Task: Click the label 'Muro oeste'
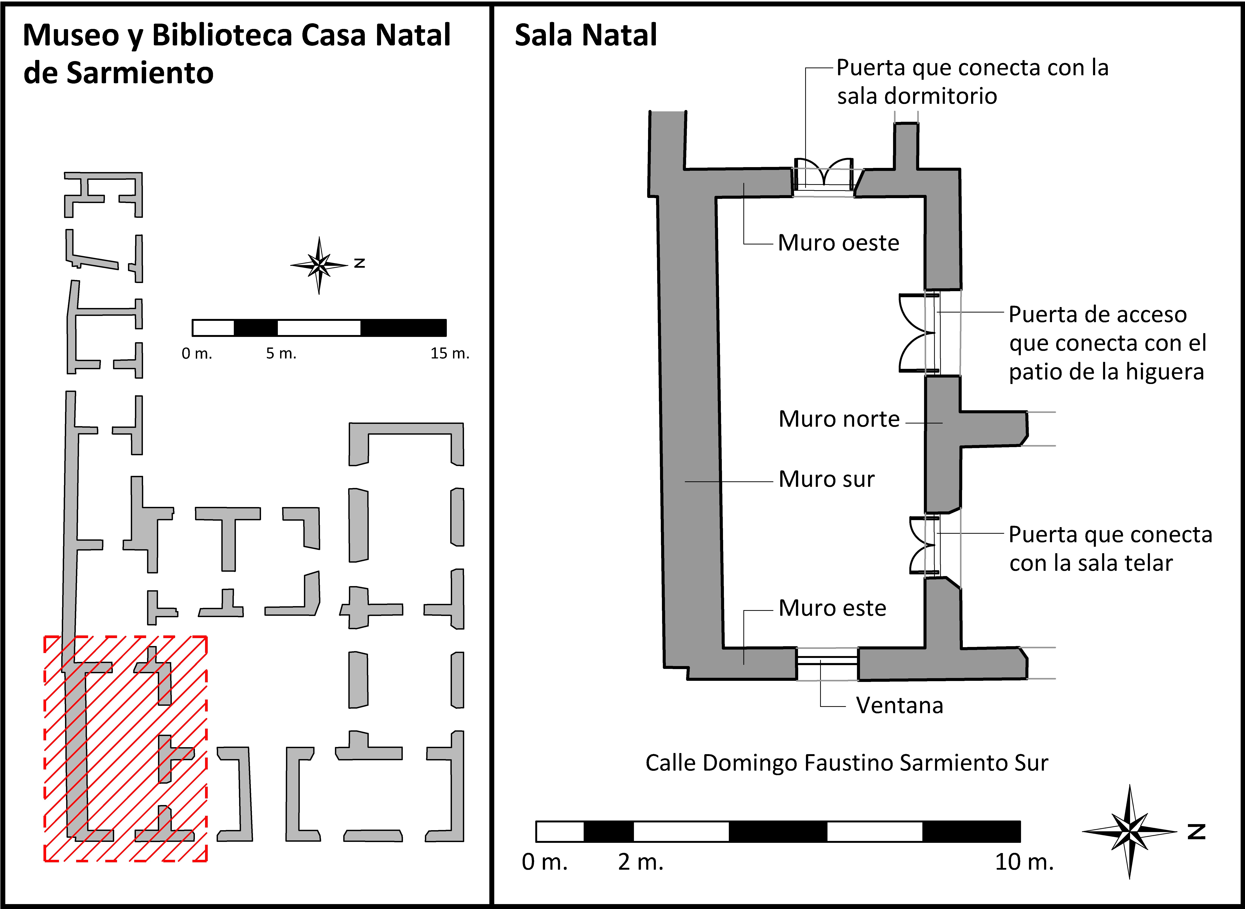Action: pos(838,243)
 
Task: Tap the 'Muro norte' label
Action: pos(839,419)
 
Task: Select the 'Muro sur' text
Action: pos(826,479)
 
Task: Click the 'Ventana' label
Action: pos(899,705)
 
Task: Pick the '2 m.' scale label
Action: pos(640,862)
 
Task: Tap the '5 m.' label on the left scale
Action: pos(281,353)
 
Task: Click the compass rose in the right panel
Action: pos(1130,831)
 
